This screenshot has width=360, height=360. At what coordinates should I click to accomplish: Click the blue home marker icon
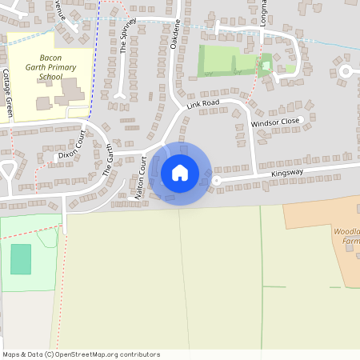click(180, 173)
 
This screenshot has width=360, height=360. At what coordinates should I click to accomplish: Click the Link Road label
click(203, 104)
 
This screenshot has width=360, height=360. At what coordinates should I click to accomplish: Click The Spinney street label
click(123, 37)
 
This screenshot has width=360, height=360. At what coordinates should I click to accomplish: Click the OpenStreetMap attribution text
click(81, 354)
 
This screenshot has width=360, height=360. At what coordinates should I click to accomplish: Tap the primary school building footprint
click(70, 90)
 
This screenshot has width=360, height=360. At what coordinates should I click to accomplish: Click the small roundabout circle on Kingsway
click(216, 181)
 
